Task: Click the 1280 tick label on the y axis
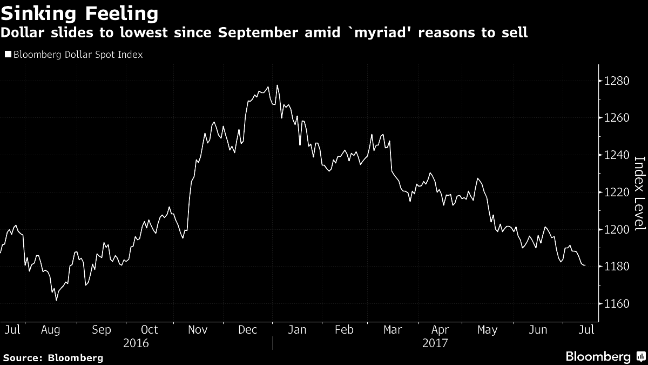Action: [617, 82]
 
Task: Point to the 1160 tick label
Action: [617, 304]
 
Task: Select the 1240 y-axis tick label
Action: [617, 156]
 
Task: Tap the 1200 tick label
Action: [617, 230]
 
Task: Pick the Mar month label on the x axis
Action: [392, 330]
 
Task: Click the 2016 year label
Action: [136, 343]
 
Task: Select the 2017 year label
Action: [435, 343]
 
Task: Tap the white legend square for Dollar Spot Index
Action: [8, 55]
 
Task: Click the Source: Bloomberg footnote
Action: [52, 357]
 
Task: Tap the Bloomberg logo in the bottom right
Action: [605, 356]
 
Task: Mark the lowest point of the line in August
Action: [56, 300]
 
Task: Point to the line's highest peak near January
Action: [277, 85]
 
